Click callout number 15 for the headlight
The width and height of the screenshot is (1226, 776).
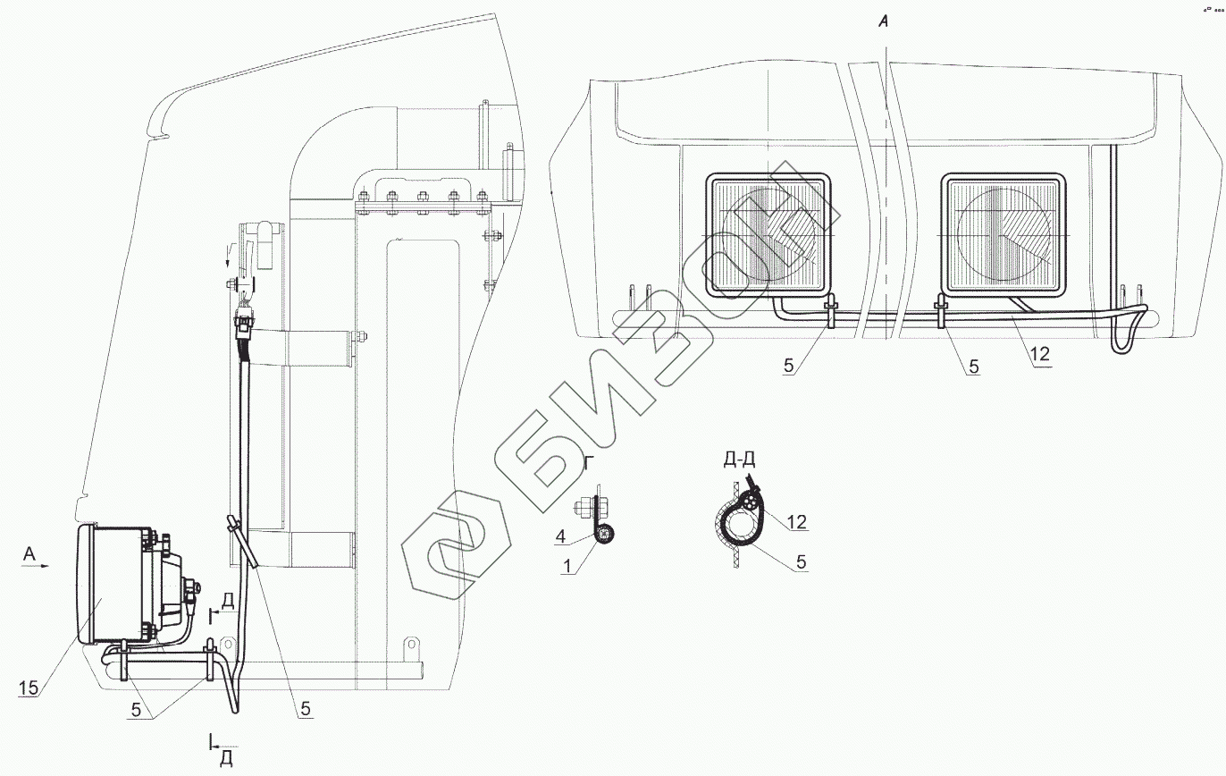[x=29, y=687]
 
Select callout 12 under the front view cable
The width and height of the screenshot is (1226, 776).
[x=1040, y=354]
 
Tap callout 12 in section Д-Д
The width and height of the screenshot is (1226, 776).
[x=797, y=522]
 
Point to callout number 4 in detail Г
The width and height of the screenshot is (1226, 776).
[x=560, y=536]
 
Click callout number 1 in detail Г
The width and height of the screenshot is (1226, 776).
[x=567, y=566]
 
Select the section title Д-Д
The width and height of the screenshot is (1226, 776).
[x=739, y=460]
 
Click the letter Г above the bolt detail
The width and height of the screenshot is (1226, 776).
[x=588, y=463]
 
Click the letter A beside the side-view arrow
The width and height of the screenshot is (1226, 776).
[x=29, y=553]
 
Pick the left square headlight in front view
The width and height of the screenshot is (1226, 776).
[x=768, y=236]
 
